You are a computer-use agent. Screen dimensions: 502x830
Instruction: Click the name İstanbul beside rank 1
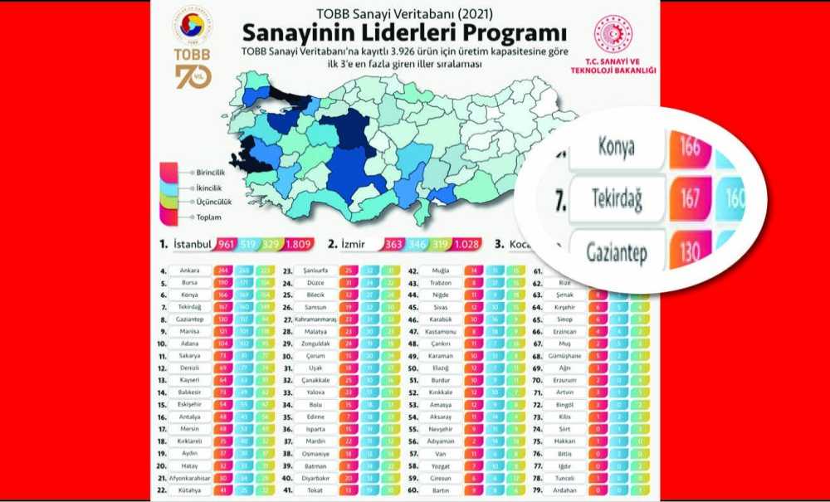click(192, 246)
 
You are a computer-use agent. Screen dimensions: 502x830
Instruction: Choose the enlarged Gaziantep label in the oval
click(616, 248)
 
